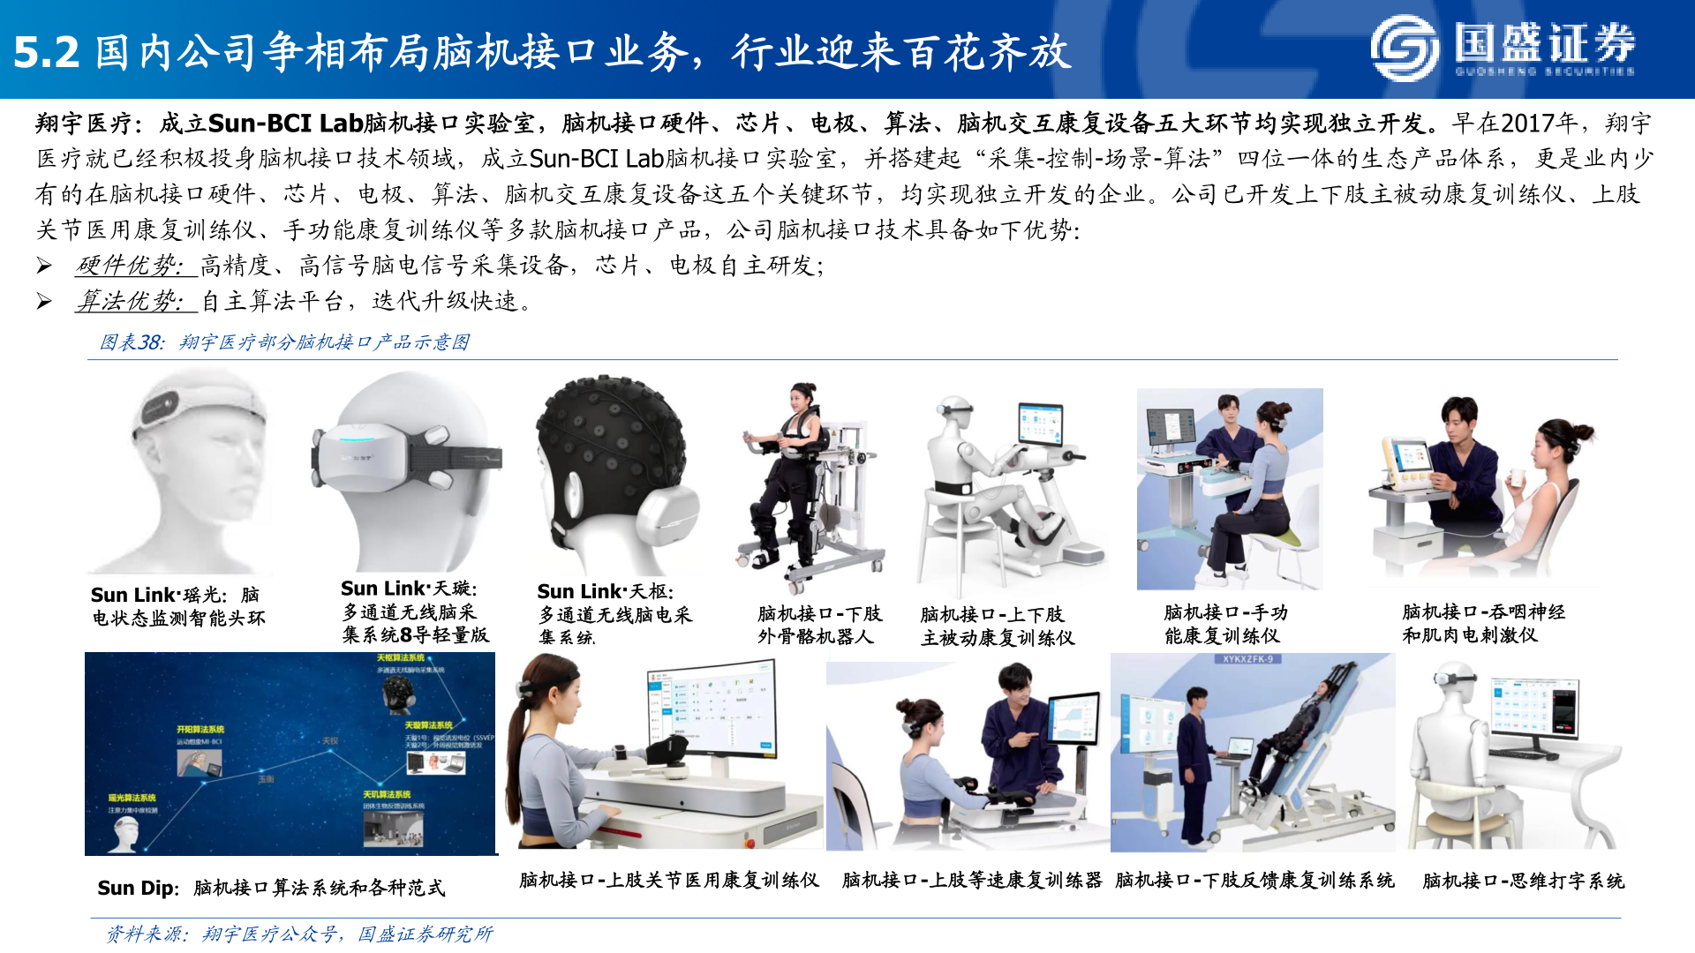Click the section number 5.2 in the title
coord(47,53)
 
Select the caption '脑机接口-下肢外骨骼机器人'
coord(819,625)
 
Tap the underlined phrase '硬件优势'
coord(131,266)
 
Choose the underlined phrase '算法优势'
coord(131,302)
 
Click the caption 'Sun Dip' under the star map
coord(138,888)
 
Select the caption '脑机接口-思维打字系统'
coord(1523,881)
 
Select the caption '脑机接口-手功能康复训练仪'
coord(1225,624)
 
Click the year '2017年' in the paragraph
coord(1538,124)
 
